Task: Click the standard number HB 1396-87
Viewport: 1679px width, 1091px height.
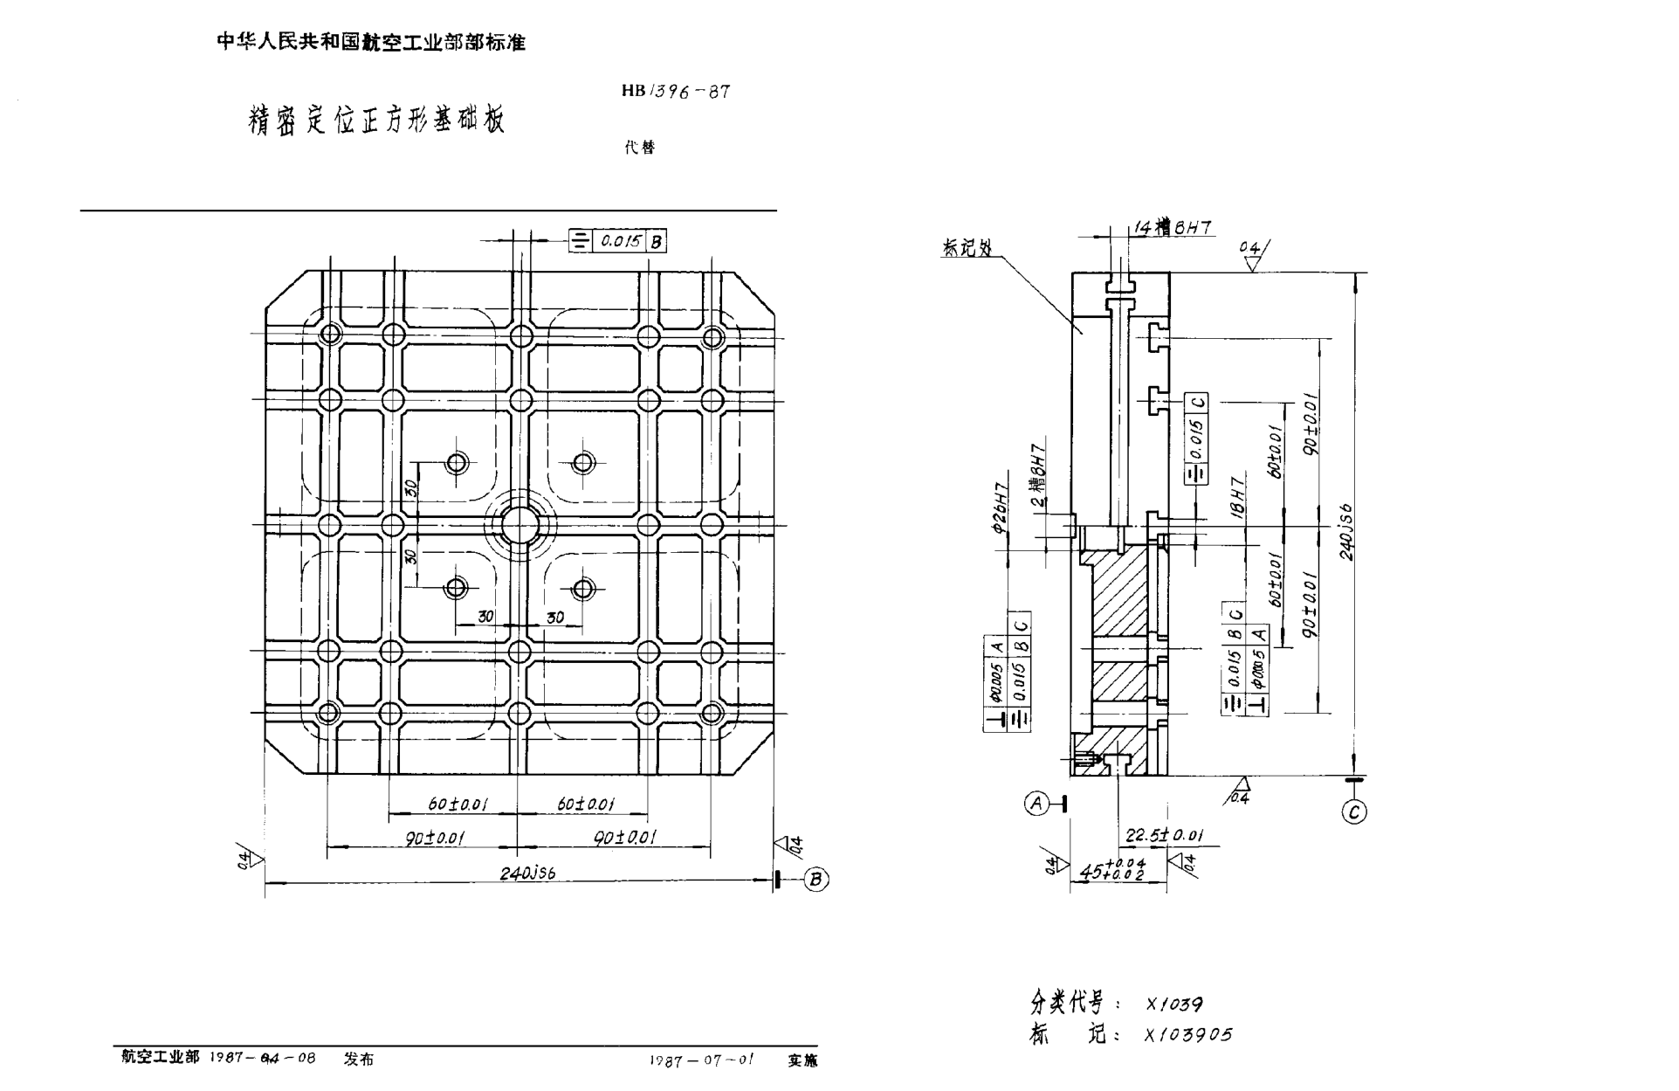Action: tap(676, 91)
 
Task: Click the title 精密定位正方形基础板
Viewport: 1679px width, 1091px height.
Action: tap(377, 120)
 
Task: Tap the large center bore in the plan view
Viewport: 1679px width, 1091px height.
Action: tap(520, 525)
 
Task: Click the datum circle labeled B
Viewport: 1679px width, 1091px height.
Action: tap(815, 880)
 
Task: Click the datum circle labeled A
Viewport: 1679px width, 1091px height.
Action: tap(1036, 803)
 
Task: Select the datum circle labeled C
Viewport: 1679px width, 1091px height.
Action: tap(1353, 812)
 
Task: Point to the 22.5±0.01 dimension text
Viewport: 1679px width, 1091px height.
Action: tap(1164, 835)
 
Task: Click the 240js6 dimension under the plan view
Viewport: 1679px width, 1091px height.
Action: tap(527, 873)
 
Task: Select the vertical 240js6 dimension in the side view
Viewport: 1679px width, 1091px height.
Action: tap(1347, 531)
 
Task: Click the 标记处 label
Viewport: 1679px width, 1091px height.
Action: tap(967, 248)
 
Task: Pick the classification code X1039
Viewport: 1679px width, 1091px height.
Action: tap(1174, 1005)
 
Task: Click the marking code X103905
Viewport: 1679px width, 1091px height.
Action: tap(1188, 1035)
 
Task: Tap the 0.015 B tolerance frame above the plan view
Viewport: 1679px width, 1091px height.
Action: tap(617, 241)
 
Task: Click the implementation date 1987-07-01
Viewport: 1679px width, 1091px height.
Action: tap(701, 1060)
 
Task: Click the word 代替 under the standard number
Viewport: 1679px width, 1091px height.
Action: tap(639, 148)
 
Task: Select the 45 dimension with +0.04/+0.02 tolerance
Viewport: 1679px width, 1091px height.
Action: tap(1111, 870)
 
